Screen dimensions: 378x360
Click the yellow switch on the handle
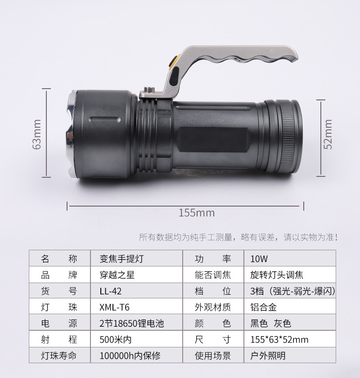click(x=173, y=63)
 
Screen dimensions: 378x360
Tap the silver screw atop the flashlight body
click(x=148, y=91)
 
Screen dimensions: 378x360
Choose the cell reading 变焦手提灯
click(x=121, y=259)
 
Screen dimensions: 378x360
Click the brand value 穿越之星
click(x=117, y=275)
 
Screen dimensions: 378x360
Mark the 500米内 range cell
click(x=116, y=340)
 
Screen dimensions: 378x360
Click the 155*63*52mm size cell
click(x=279, y=340)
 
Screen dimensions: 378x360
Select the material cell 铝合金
click(x=261, y=307)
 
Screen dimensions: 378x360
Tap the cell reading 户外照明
click(x=267, y=356)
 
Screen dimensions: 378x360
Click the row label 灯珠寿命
click(x=59, y=356)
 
